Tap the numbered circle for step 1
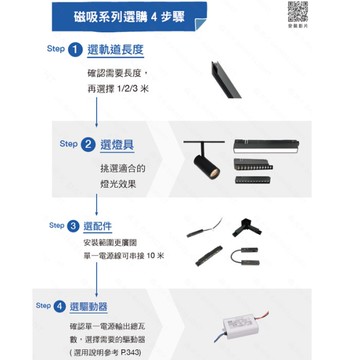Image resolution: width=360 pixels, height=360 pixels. [x=76, y=50]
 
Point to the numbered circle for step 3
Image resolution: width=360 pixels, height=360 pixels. [x=74, y=226]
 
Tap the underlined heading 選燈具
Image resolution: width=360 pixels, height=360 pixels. [x=116, y=144]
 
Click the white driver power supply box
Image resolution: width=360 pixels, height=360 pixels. [x=240, y=322]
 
